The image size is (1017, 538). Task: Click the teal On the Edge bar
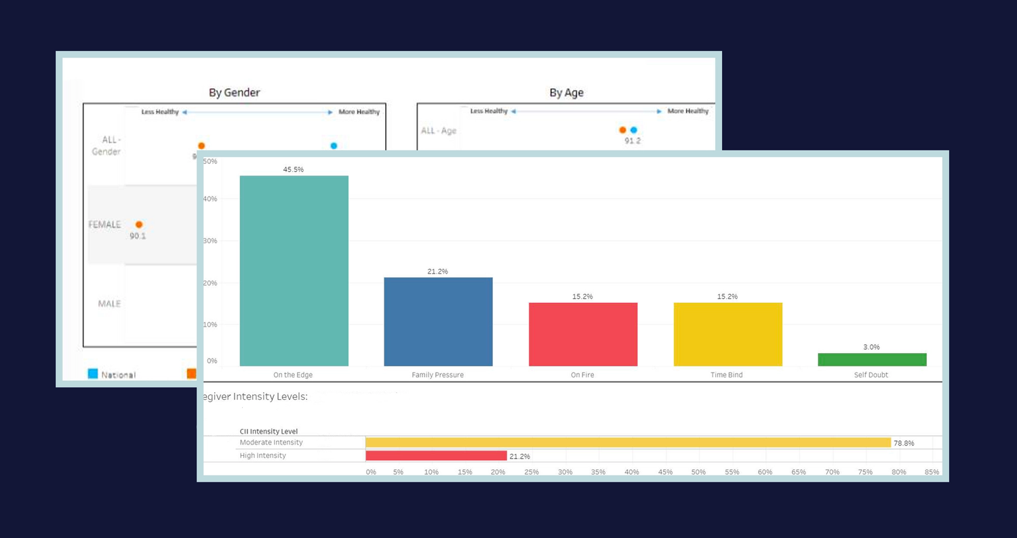click(x=294, y=271)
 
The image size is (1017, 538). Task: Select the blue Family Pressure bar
click(x=438, y=322)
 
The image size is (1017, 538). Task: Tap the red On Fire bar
click(x=583, y=334)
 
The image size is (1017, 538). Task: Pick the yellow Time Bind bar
click(x=727, y=334)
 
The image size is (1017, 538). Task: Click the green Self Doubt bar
click(x=872, y=360)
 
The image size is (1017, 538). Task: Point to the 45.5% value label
click(x=294, y=169)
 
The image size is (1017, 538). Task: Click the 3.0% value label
click(x=871, y=347)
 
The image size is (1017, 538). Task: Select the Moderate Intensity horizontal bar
click(x=628, y=442)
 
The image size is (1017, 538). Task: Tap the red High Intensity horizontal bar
click(x=436, y=456)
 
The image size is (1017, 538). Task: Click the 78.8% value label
click(x=904, y=443)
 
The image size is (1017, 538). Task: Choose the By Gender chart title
click(x=234, y=92)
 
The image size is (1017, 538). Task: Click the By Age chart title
click(x=566, y=92)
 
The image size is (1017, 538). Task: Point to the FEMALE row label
click(x=104, y=224)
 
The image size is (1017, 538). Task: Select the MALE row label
click(x=109, y=304)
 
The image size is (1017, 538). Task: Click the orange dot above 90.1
click(x=139, y=224)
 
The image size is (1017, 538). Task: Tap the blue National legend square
click(x=93, y=373)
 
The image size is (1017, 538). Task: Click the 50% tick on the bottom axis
click(x=698, y=472)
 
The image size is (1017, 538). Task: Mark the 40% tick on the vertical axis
click(x=210, y=199)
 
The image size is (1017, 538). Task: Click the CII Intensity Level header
click(x=268, y=431)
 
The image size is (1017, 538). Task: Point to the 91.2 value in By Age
click(x=633, y=141)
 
